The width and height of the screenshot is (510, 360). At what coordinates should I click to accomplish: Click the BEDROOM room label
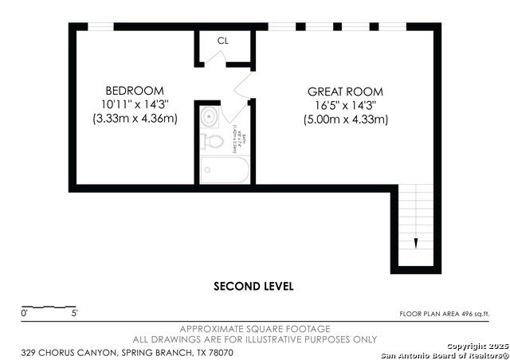[135, 90]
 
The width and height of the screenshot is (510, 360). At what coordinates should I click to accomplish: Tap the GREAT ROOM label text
[345, 92]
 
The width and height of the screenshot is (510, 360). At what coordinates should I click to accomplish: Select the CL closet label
[223, 41]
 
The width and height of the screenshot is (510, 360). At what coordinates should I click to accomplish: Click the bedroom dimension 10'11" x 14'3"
[135, 104]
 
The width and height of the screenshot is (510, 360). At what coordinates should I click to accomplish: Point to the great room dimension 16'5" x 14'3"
[345, 105]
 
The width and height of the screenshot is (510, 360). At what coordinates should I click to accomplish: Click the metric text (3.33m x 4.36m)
[135, 119]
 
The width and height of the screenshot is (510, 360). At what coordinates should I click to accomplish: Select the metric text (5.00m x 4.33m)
[345, 119]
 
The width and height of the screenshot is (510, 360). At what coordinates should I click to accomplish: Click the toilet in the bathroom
[213, 141]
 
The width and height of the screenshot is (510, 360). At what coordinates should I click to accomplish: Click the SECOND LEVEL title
[254, 286]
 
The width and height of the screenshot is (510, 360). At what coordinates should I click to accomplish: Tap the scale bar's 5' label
[75, 314]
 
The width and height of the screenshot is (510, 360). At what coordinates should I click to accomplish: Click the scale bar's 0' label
[24, 314]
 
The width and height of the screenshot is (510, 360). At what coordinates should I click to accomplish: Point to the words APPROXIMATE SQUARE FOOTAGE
[255, 329]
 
